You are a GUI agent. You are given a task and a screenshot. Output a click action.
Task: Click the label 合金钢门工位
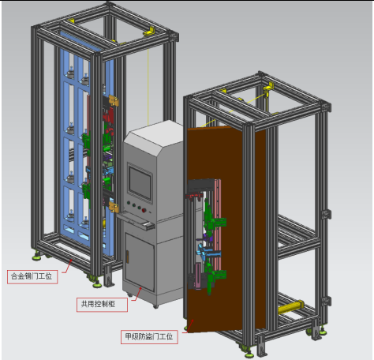(x=32, y=276)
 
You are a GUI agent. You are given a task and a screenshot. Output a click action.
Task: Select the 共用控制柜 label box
(x=102, y=305)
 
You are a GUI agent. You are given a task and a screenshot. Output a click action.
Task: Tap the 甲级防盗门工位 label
(x=149, y=337)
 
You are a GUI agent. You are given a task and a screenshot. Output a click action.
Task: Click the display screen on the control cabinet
(x=140, y=182)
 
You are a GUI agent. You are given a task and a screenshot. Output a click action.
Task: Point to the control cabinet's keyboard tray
(x=136, y=221)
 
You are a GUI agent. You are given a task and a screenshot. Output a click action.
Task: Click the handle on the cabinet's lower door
(x=128, y=257)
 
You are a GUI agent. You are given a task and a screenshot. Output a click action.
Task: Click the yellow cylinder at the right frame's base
(x=290, y=307)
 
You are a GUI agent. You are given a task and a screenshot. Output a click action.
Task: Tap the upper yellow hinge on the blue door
(x=114, y=100)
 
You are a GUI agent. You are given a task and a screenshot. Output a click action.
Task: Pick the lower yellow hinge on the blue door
(x=114, y=208)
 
